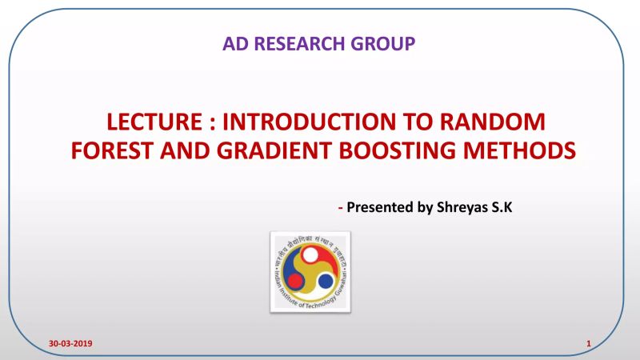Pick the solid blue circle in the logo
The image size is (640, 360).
[x=326, y=282]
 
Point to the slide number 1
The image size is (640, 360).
[x=588, y=344]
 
